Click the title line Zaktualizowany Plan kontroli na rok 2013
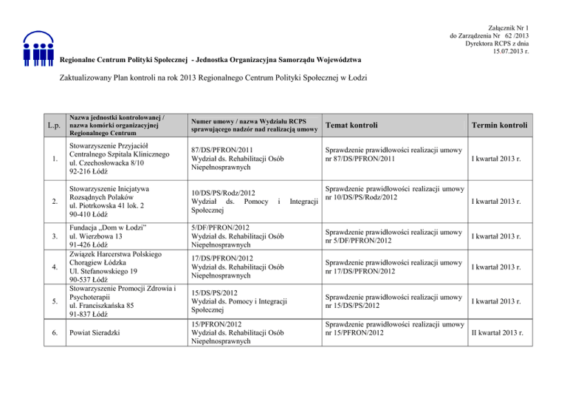click(x=210, y=78)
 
